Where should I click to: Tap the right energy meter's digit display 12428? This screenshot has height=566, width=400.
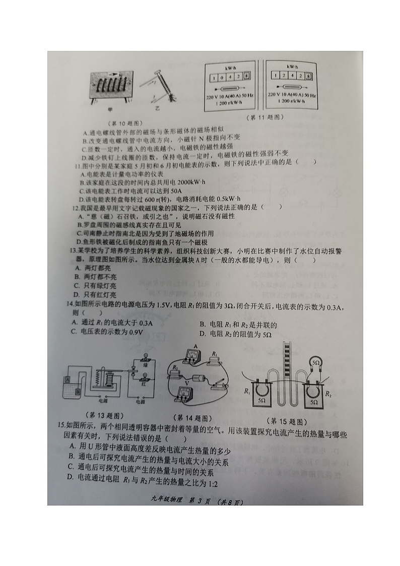[291, 77]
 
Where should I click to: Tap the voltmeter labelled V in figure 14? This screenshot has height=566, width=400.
[186, 397]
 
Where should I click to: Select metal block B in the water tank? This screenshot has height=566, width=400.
[78, 391]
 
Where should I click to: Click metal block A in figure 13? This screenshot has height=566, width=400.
[68, 378]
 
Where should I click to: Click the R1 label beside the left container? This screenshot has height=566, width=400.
[247, 392]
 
